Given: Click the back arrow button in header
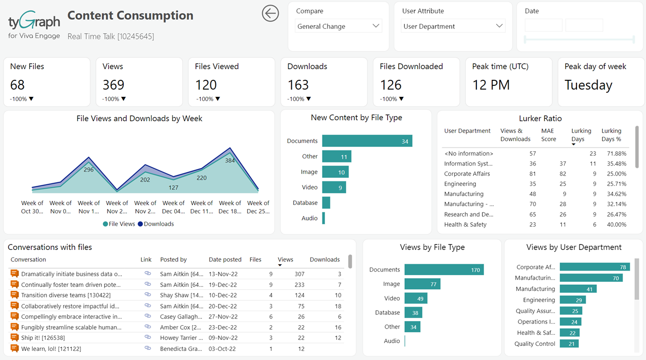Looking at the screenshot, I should pos(271,14).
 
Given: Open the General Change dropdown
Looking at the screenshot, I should pos(338,26).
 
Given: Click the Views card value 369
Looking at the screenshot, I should pos(114,85).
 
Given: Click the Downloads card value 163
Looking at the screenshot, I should pos(298,85).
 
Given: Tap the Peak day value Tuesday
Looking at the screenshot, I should pos(588,85).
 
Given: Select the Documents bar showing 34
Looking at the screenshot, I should pos(367,141).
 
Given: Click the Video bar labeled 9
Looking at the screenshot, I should pos(334,187).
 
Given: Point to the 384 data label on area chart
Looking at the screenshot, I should pos(230,161).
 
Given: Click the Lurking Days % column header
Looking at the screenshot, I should pos(611,135).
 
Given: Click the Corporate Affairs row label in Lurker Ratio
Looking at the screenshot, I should pos(467,174).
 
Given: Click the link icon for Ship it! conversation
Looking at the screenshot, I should pos(147,337).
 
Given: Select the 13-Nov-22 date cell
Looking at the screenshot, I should pos(223,274).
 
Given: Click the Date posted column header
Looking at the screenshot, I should pos(225,260).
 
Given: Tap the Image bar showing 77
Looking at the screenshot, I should pos(422,284).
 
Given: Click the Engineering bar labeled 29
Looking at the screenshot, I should pos(572,300).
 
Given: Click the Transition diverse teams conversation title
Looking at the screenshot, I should pos(66,295).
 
